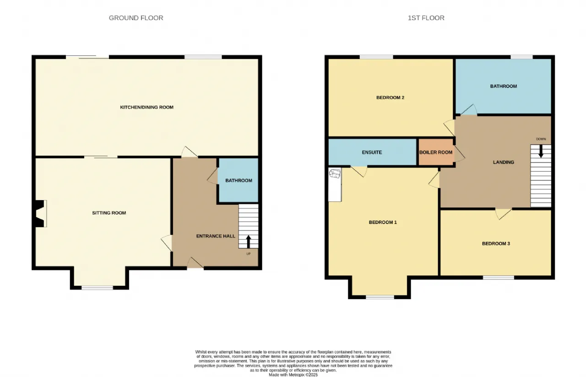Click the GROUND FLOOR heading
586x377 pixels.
136,18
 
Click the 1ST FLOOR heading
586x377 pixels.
426,18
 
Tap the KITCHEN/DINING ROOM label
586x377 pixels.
147,107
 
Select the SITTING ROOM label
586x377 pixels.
109,213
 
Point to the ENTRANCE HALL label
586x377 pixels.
216,236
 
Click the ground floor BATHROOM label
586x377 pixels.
239,180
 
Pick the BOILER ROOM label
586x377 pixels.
436,152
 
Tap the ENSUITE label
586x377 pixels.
372,152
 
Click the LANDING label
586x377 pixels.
504,162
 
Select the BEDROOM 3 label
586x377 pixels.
496,244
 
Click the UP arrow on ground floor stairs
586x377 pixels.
249,241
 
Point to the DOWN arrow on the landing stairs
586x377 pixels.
541,151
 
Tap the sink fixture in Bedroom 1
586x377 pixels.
335,174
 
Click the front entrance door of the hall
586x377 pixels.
195,263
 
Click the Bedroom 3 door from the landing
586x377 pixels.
503,214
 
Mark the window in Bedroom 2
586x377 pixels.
376,57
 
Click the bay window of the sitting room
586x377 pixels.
98,288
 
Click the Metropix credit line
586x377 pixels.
293,375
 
